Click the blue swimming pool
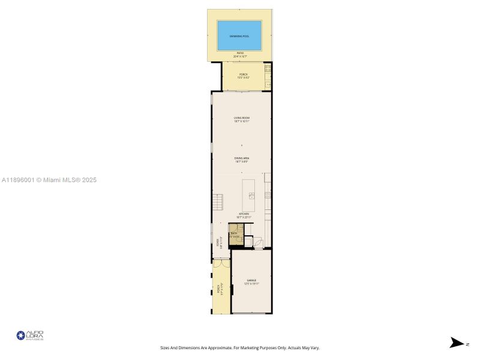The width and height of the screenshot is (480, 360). (x=239, y=36)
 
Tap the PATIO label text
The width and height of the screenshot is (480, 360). (x=239, y=53)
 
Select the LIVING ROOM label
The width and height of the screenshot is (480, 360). (x=242, y=118)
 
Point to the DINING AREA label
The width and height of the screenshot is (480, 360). (x=242, y=158)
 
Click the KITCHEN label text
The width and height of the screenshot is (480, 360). (x=244, y=214)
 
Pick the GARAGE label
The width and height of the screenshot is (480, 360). (x=251, y=280)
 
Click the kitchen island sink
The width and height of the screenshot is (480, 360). (x=252, y=196)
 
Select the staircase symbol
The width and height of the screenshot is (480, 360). (x=217, y=202)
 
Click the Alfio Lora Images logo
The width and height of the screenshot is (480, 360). (x=30, y=336)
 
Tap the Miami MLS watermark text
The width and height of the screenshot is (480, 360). (x=49, y=180)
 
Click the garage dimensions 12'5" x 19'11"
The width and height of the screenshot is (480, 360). (x=251, y=284)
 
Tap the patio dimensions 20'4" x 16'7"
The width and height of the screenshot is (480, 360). (x=239, y=56)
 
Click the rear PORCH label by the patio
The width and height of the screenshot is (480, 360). (x=243, y=74)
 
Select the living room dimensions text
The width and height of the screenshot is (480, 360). (x=242, y=121)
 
